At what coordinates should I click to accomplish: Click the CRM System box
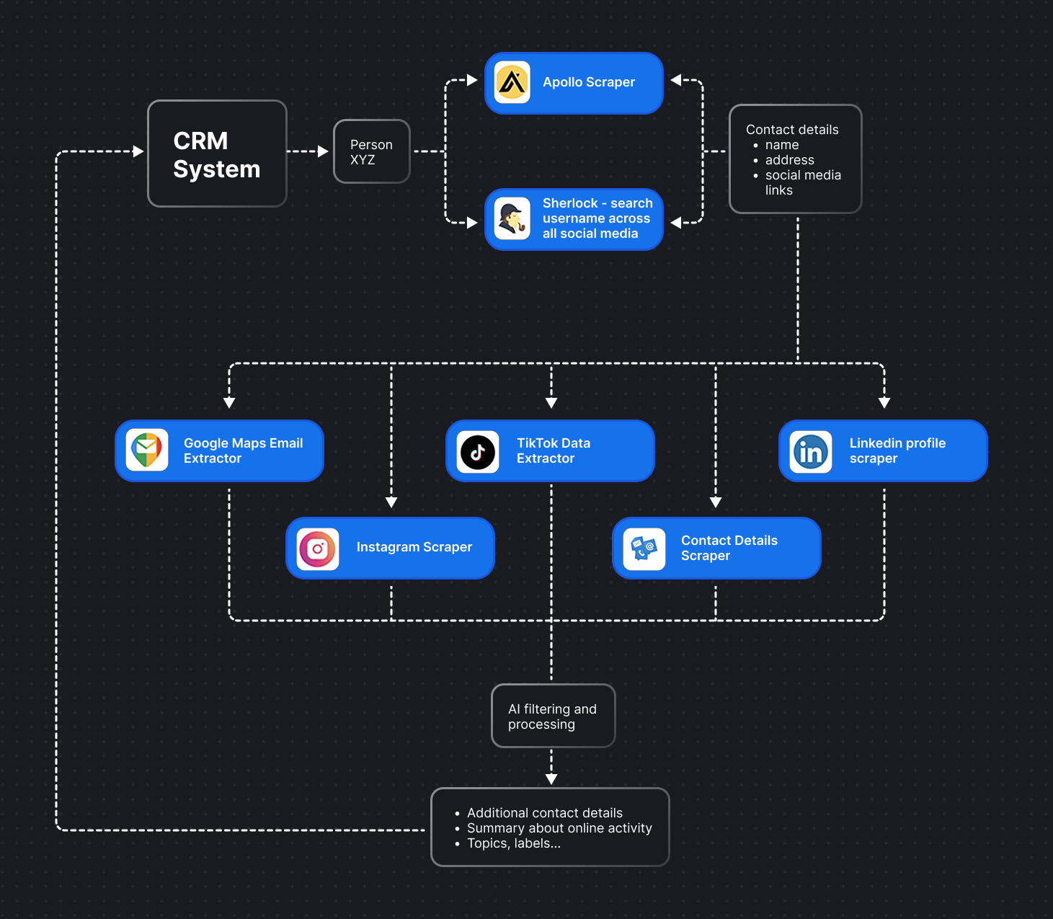pos(217,154)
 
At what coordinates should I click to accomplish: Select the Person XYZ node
pos(371,151)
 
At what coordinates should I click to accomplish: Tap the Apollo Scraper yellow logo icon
pos(512,82)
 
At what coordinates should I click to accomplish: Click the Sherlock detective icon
pos(512,218)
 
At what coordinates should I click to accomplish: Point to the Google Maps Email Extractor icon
pos(147,450)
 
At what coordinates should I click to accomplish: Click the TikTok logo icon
pos(478,452)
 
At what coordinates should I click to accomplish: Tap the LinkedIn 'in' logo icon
pos(811,452)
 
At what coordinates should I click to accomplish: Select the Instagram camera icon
pos(318,549)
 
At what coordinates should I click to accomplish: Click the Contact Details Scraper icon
pos(644,549)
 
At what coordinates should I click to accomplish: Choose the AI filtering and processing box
pos(553,716)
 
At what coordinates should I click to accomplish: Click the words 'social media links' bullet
pos(802,182)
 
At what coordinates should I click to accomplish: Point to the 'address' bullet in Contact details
pos(789,160)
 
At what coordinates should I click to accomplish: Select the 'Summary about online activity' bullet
pos(559,828)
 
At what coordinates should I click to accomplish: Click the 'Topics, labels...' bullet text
pos(513,843)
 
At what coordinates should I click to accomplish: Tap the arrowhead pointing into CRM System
pos(138,151)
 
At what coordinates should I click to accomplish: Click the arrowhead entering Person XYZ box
pos(323,151)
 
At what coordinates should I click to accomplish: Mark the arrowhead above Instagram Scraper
pos(391,502)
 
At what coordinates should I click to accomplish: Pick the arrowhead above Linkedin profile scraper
pos(884,403)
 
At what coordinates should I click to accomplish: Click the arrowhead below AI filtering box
pos(551,779)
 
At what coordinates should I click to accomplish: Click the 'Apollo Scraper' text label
pos(588,82)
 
